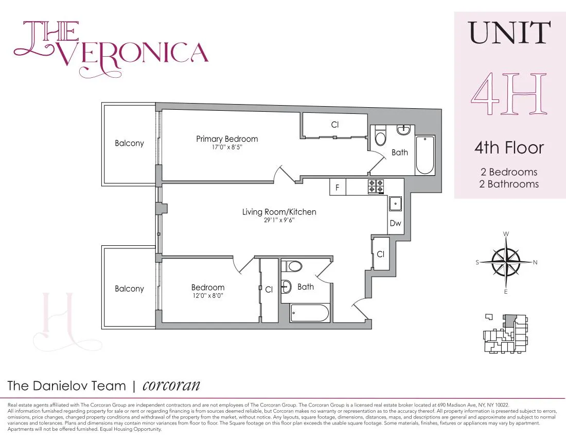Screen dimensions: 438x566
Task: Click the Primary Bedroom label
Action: coord(227,139)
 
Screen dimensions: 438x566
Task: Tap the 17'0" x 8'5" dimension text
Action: coord(227,147)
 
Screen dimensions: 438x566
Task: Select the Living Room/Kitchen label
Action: coord(279,212)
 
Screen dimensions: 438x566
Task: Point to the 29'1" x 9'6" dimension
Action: coord(279,220)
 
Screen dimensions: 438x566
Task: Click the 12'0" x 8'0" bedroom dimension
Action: coord(208,296)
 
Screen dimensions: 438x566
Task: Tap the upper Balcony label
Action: coord(129,143)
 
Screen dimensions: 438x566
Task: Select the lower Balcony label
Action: coord(129,289)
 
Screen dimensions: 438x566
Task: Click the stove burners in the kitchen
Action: coord(376,187)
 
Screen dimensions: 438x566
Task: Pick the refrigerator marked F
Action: coord(338,188)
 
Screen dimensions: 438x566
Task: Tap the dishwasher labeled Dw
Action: coord(395,224)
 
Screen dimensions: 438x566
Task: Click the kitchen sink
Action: coord(396,205)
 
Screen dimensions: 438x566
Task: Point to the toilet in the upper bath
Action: coord(381,136)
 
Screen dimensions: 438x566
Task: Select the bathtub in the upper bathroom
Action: coord(425,155)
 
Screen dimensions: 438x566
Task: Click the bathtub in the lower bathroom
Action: coord(309,313)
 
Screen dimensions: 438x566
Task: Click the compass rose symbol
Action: coord(506,262)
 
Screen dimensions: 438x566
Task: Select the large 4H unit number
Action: coord(508,96)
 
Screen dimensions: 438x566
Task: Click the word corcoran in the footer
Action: coord(171,385)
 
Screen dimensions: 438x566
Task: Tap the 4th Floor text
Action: coord(508,148)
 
